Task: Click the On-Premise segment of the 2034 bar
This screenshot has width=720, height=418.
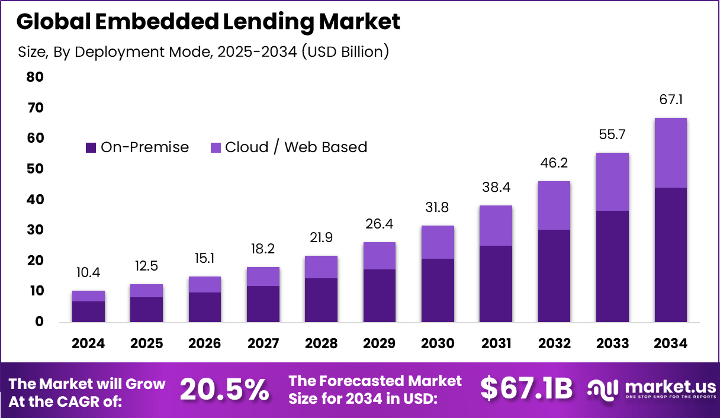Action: [670, 255]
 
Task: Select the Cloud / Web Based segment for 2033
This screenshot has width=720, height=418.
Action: [612, 182]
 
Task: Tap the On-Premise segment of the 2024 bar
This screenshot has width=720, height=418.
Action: [89, 311]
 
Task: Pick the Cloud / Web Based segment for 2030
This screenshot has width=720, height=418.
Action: [438, 242]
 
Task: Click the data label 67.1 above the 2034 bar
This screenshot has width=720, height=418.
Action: [670, 99]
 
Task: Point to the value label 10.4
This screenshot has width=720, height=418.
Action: [89, 273]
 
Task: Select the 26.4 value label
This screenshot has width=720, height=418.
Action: [380, 224]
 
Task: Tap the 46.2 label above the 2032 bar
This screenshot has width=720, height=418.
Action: [554, 163]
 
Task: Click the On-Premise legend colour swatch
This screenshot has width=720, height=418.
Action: [91, 147]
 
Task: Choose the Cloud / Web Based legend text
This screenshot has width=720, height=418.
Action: [295, 147]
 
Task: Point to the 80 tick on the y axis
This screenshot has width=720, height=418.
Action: [35, 77]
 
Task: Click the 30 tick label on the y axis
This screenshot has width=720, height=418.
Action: [35, 230]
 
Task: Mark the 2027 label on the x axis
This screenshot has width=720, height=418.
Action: [263, 343]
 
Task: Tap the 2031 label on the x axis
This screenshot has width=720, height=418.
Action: [496, 343]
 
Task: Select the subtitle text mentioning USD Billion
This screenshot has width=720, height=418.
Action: [204, 52]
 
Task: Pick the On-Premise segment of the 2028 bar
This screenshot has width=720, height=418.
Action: [321, 300]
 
